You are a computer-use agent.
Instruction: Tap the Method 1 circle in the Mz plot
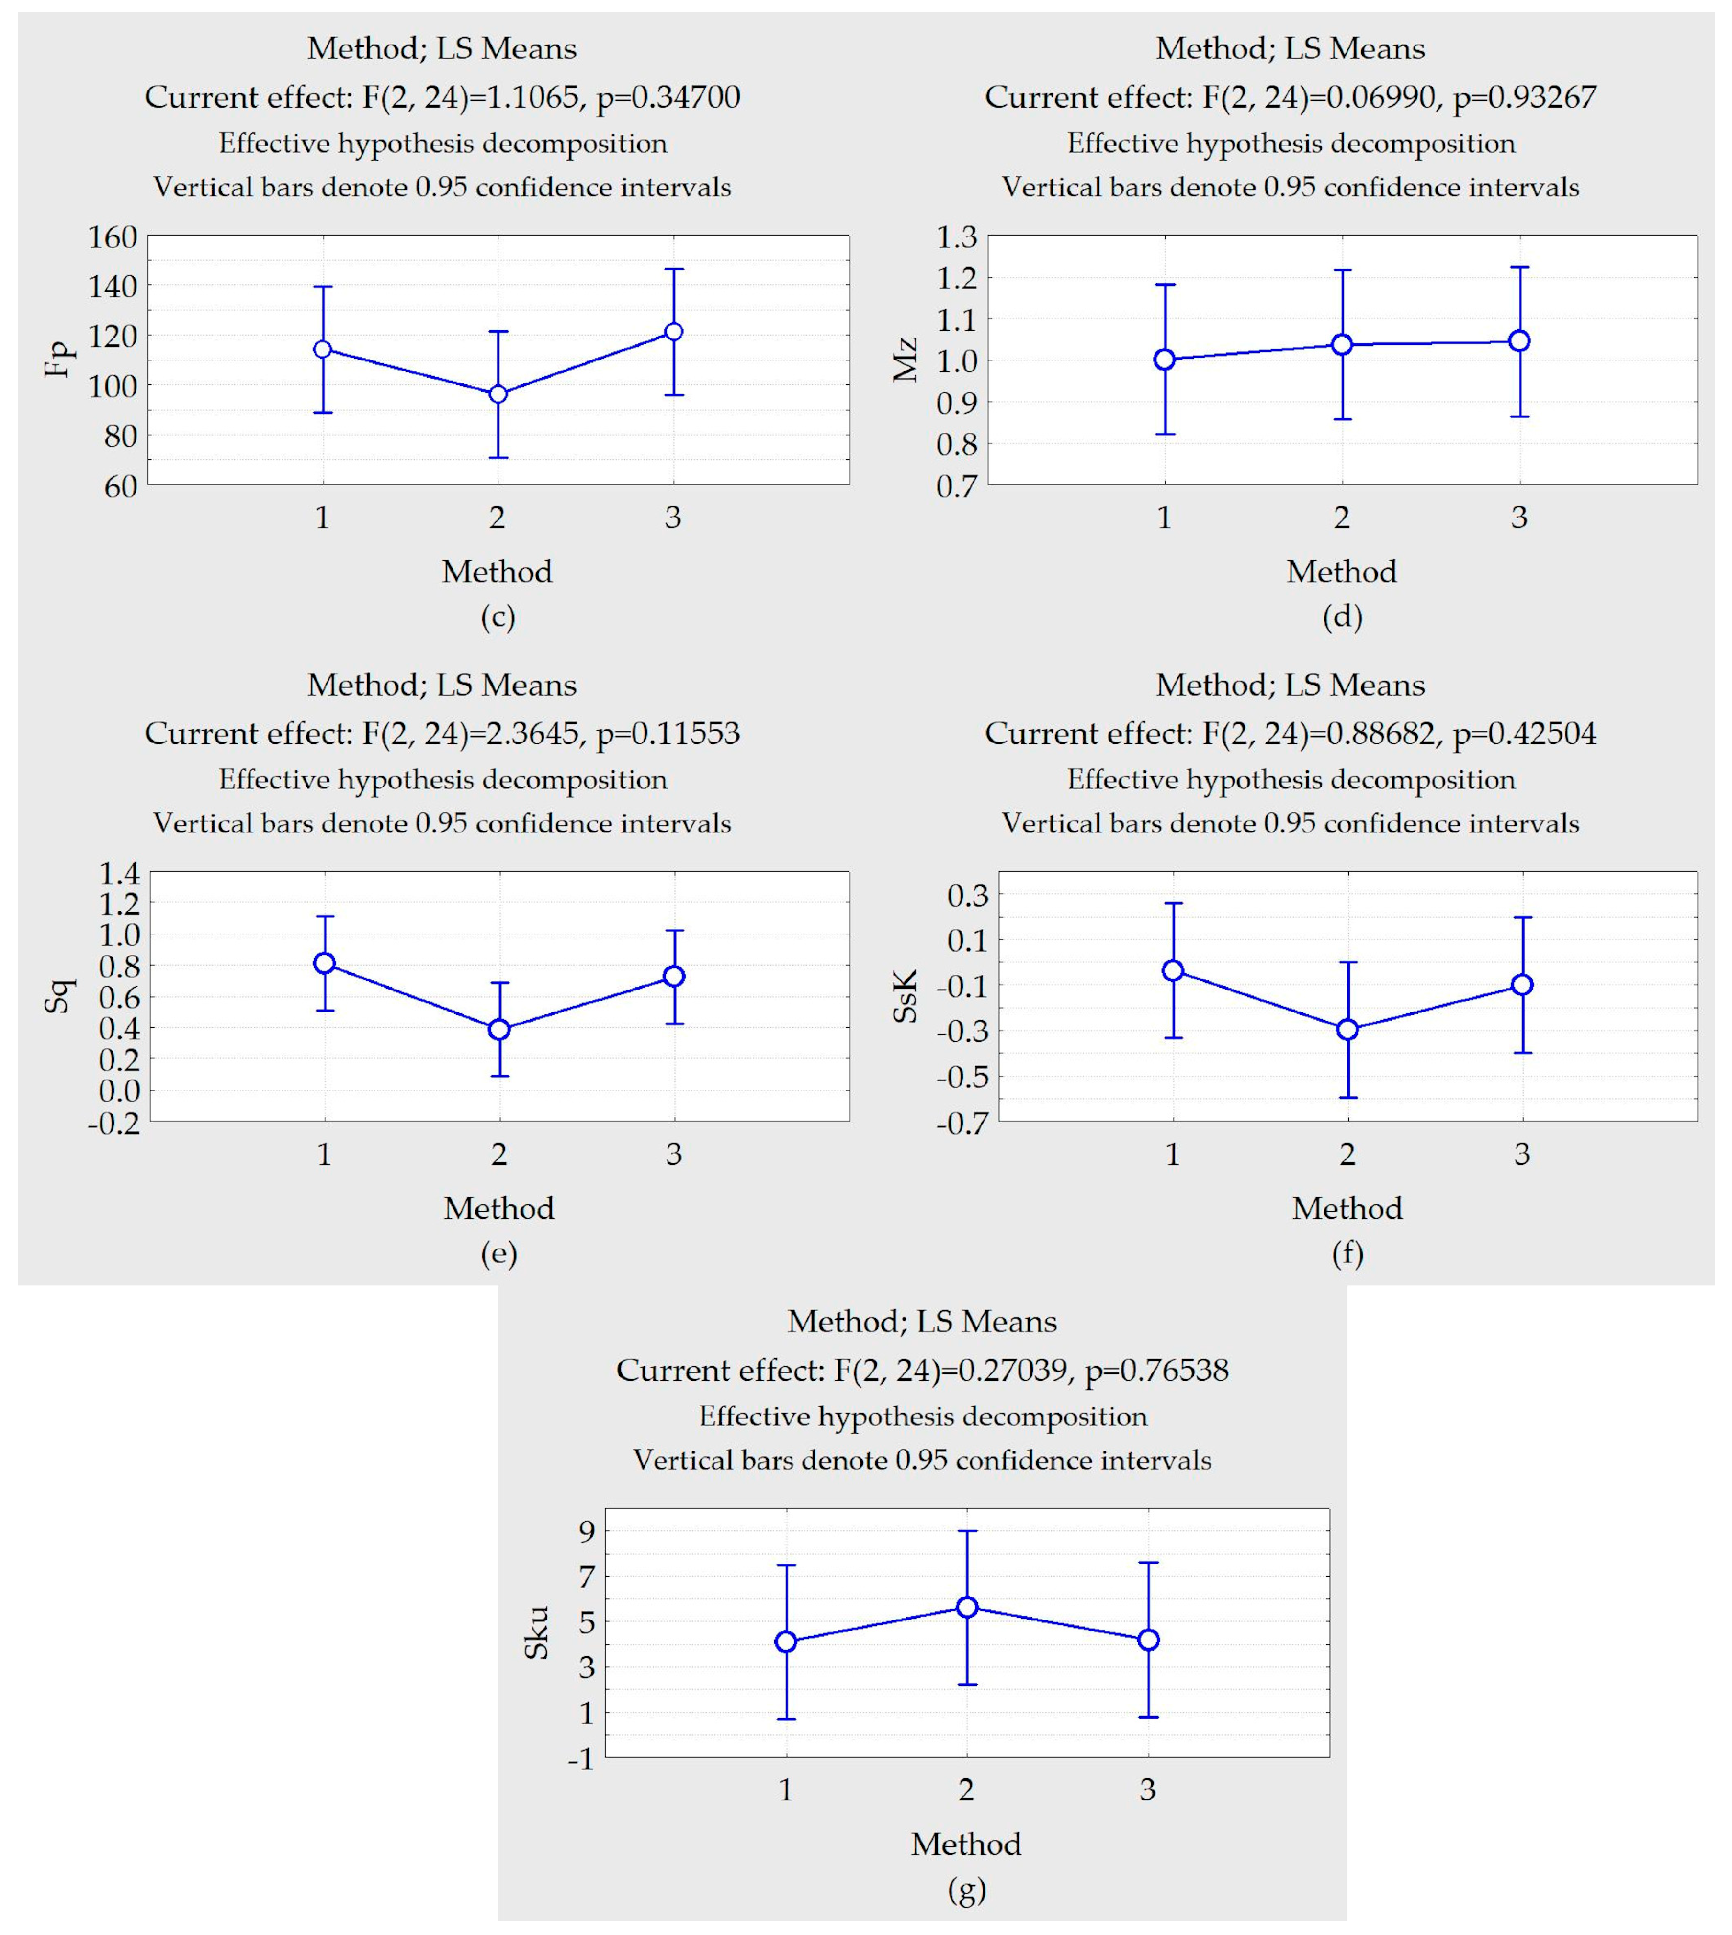(x=1164, y=360)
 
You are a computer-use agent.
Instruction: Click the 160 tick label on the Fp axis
(x=113, y=237)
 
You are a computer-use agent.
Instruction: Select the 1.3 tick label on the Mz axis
(x=956, y=237)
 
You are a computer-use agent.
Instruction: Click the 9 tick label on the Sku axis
(x=584, y=1530)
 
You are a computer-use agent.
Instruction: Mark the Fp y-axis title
(x=59, y=360)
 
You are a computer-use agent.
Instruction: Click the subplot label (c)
(x=498, y=618)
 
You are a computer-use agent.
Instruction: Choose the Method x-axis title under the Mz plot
(x=1342, y=572)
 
